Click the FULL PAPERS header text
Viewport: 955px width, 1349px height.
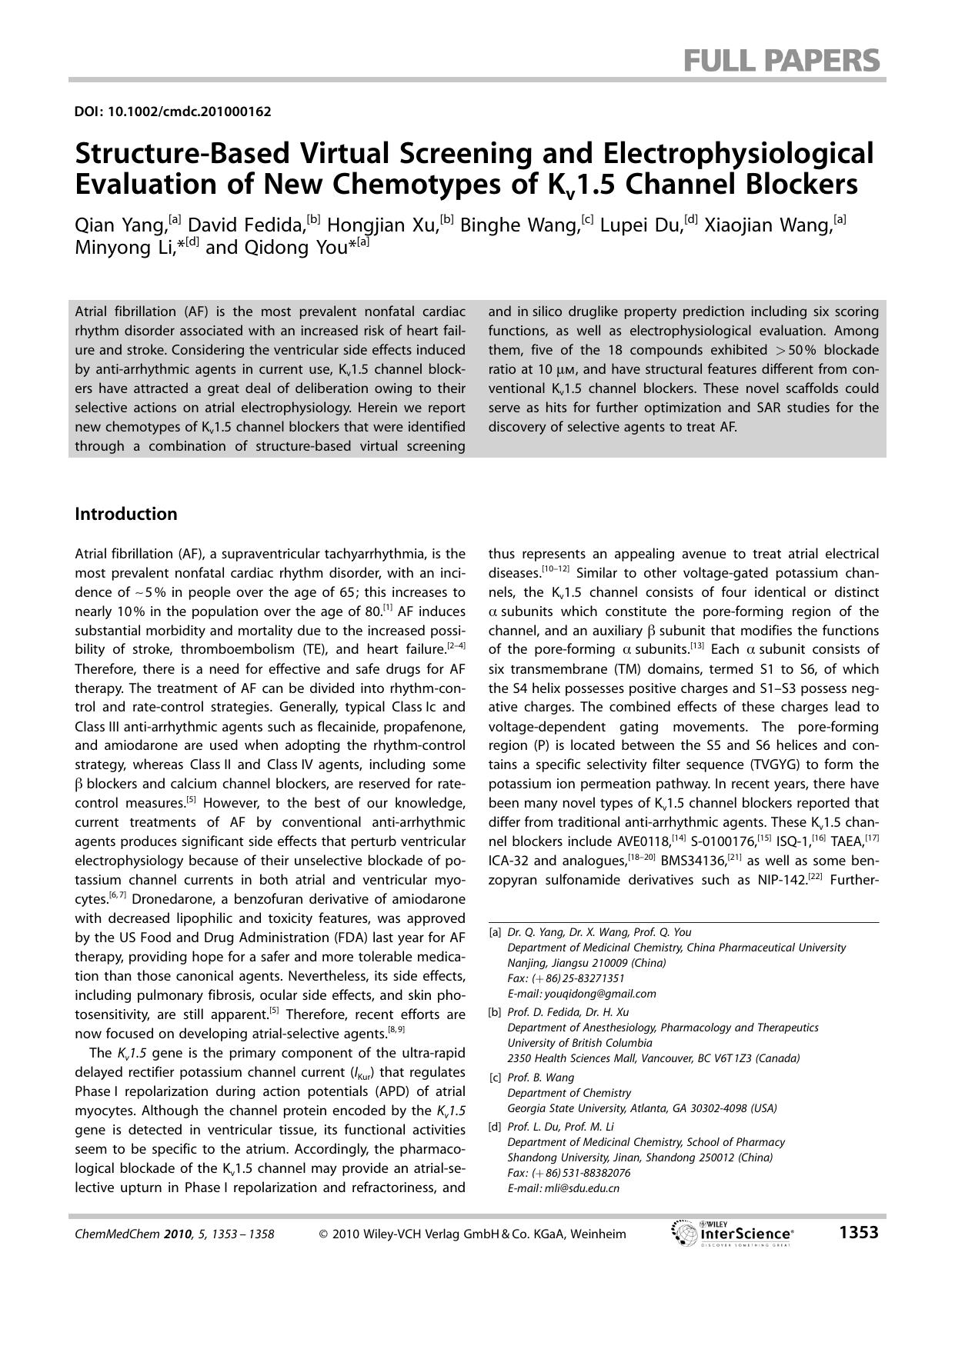781,60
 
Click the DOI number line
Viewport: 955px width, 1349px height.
172,112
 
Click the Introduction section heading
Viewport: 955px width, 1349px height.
125,514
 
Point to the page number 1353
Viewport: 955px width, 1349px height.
858,1233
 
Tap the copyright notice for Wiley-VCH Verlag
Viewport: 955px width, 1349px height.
472,1234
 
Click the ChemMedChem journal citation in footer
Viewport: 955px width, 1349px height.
174,1234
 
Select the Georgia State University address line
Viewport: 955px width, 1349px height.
642,1108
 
